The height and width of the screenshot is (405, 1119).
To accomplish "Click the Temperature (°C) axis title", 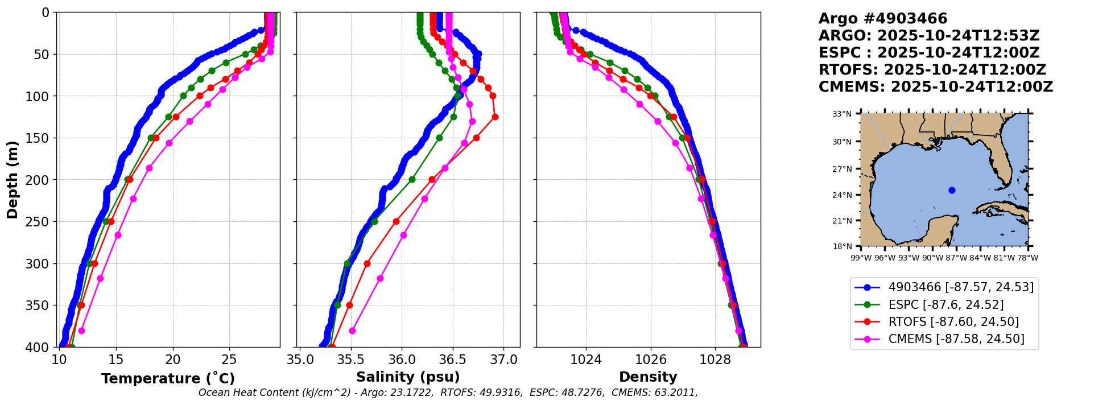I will pyautogui.click(x=168, y=379).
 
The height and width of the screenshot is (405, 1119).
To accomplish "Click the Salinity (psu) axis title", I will pyautogui.click(x=408, y=377).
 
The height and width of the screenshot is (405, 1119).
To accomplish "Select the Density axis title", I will pyautogui.click(x=648, y=377).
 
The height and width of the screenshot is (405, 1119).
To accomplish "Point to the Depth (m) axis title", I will pyautogui.click(x=13, y=180).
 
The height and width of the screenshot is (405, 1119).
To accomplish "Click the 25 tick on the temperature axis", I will pyautogui.click(x=229, y=360).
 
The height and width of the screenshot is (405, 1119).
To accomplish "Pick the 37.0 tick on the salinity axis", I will pyautogui.click(x=503, y=360).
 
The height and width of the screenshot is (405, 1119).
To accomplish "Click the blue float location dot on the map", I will pyautogui.click(x=952, y=190).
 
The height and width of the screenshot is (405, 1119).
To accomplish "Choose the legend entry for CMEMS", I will pyautogui.click(x=956, y=339).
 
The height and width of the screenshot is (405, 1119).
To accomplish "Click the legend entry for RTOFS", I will pyautogui.click(x=953, y=322).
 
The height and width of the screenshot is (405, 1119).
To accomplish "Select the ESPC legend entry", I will pyautogui.click(x=945, y=305).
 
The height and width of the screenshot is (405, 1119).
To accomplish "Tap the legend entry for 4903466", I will pyautogui.click(x=961, y=287).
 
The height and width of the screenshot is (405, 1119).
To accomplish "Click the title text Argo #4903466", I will pyautogui.click(x=883, y=19).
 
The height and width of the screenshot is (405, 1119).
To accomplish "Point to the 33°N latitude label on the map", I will pyautogui.click(x=842, y=114).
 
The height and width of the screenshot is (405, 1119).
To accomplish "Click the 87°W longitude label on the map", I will pyautogui.click(x=956, y=258).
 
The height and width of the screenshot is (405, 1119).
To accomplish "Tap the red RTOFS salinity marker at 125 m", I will pyautogui.click(x=495, y=117).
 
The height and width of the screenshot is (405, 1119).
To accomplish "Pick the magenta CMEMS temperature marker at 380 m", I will pyautogui.click(x=81, y=330).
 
